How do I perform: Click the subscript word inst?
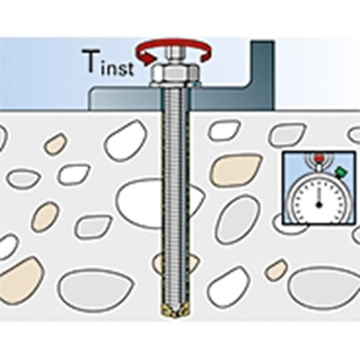click(x=117, y=68)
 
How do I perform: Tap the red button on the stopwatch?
click(x=319, y=158)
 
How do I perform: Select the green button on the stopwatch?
click(x=341, y=172)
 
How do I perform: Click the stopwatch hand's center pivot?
click(x=319, y=204)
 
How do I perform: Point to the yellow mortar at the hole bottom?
click(x=174, y=311)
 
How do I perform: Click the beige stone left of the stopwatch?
click(x=236, y=170)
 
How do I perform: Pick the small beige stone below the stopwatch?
click(x=276, y=270)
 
